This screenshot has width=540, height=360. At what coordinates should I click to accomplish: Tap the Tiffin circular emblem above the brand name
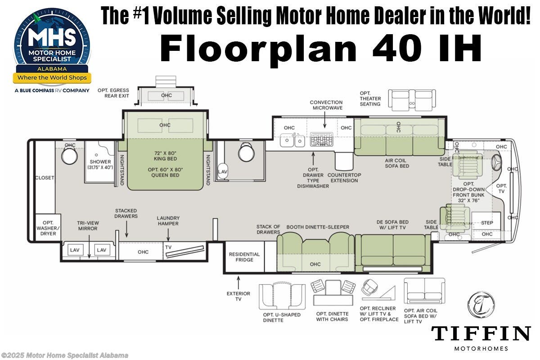coord(481,305)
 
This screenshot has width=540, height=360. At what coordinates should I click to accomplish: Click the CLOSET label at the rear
coord(45,178)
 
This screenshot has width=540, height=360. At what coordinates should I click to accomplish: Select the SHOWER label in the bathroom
coord(100,162)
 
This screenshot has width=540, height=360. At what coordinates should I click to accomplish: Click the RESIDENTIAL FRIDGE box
coord(244,257)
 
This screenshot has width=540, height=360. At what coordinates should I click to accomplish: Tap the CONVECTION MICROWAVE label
coord(326,105)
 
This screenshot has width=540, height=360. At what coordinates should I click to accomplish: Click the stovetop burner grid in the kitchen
coord(321,139)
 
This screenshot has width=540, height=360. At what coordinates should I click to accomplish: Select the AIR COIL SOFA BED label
coord(397,163)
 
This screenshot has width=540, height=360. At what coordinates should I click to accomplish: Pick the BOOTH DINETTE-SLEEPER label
coord(318,227)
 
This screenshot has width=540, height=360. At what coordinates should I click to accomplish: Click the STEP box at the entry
coord(487,223)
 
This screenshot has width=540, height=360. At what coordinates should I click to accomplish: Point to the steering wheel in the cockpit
coord(497,161)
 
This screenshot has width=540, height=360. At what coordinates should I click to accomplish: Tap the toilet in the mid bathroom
coord(247,153)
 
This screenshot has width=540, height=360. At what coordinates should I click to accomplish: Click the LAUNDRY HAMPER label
coord(168,220)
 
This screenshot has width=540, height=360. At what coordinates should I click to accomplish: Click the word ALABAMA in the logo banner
coord(53,69)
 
